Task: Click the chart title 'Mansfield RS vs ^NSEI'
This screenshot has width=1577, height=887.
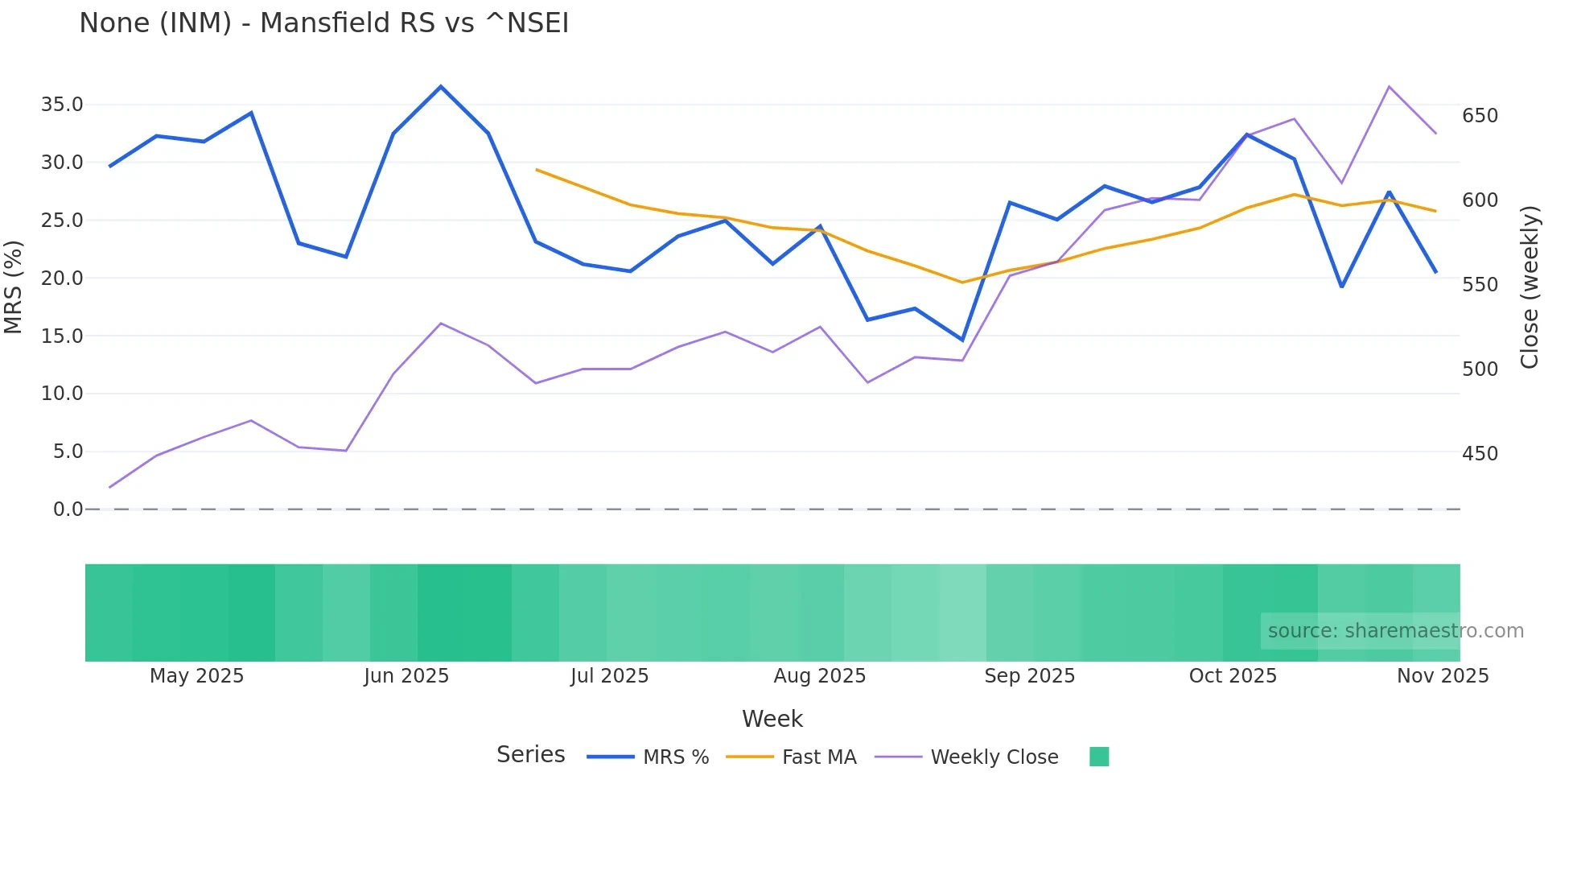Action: (323, 23)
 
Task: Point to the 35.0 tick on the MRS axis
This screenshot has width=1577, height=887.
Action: (62, 105)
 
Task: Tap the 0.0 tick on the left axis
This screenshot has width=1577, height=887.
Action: (68, 510)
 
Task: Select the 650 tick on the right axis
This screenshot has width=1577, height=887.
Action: (1480, 116)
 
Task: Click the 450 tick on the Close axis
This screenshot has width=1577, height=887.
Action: (1480, 454)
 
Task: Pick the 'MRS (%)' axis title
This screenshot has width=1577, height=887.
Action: (14, 287)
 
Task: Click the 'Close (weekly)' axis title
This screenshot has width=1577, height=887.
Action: (1530, 287)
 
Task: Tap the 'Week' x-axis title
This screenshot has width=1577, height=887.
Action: (772, 719)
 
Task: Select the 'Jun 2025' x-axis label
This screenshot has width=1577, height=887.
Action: (406, 676)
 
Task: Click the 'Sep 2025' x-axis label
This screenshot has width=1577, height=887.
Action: (1029, 676)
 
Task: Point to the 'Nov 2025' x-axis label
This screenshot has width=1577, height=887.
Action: (1442, 676)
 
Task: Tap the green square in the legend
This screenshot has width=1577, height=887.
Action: (1098, 757)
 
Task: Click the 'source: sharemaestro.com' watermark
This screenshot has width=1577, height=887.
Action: (1395, 631)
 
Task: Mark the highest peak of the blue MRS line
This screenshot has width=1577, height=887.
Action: (440, 86)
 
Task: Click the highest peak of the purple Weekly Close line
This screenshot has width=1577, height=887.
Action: (1389, 86)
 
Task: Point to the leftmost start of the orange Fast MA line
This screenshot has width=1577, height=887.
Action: (537, 170)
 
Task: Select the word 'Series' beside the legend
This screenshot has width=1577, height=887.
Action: (530, 755)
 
